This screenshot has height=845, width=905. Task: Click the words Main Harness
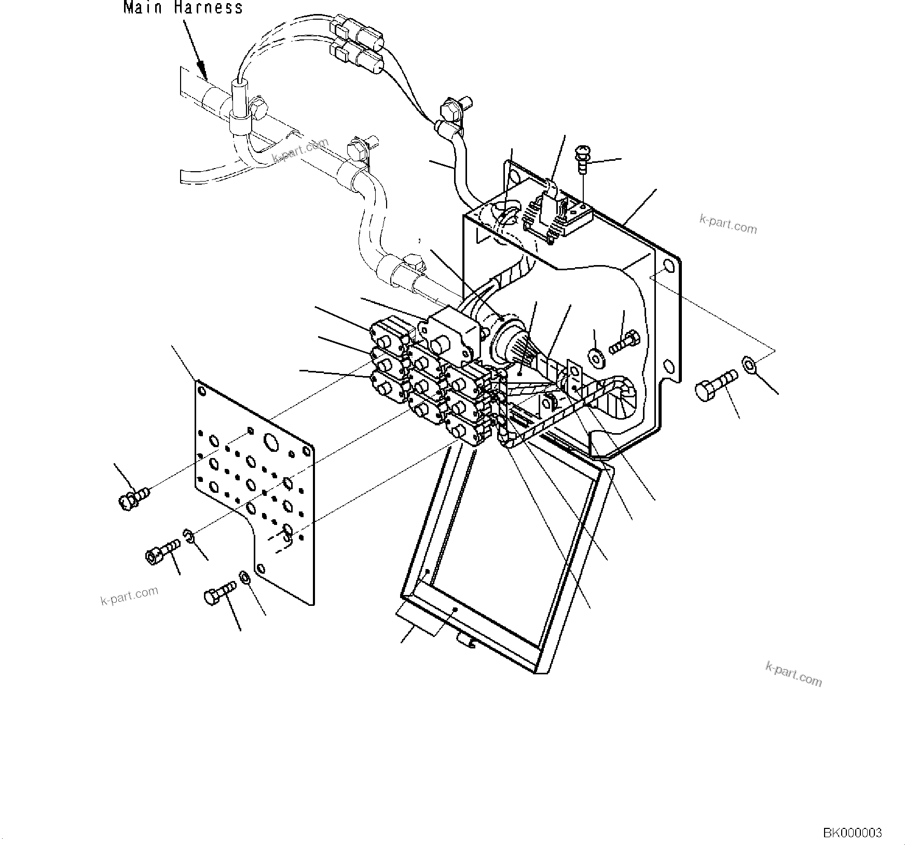tap(183, 7)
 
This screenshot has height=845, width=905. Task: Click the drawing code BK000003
tap(852, 833)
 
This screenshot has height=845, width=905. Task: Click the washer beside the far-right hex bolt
tap(749, 365)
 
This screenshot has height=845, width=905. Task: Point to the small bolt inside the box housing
tap(626, 342)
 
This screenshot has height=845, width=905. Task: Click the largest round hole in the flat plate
tap(271, 442)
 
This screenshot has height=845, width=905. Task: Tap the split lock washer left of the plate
tap(189, 536)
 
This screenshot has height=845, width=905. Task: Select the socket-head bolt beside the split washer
tap(162, 551)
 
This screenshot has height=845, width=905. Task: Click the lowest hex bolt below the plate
tap(220, 592)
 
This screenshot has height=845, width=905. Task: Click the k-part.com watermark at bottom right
tap(793, 674)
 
